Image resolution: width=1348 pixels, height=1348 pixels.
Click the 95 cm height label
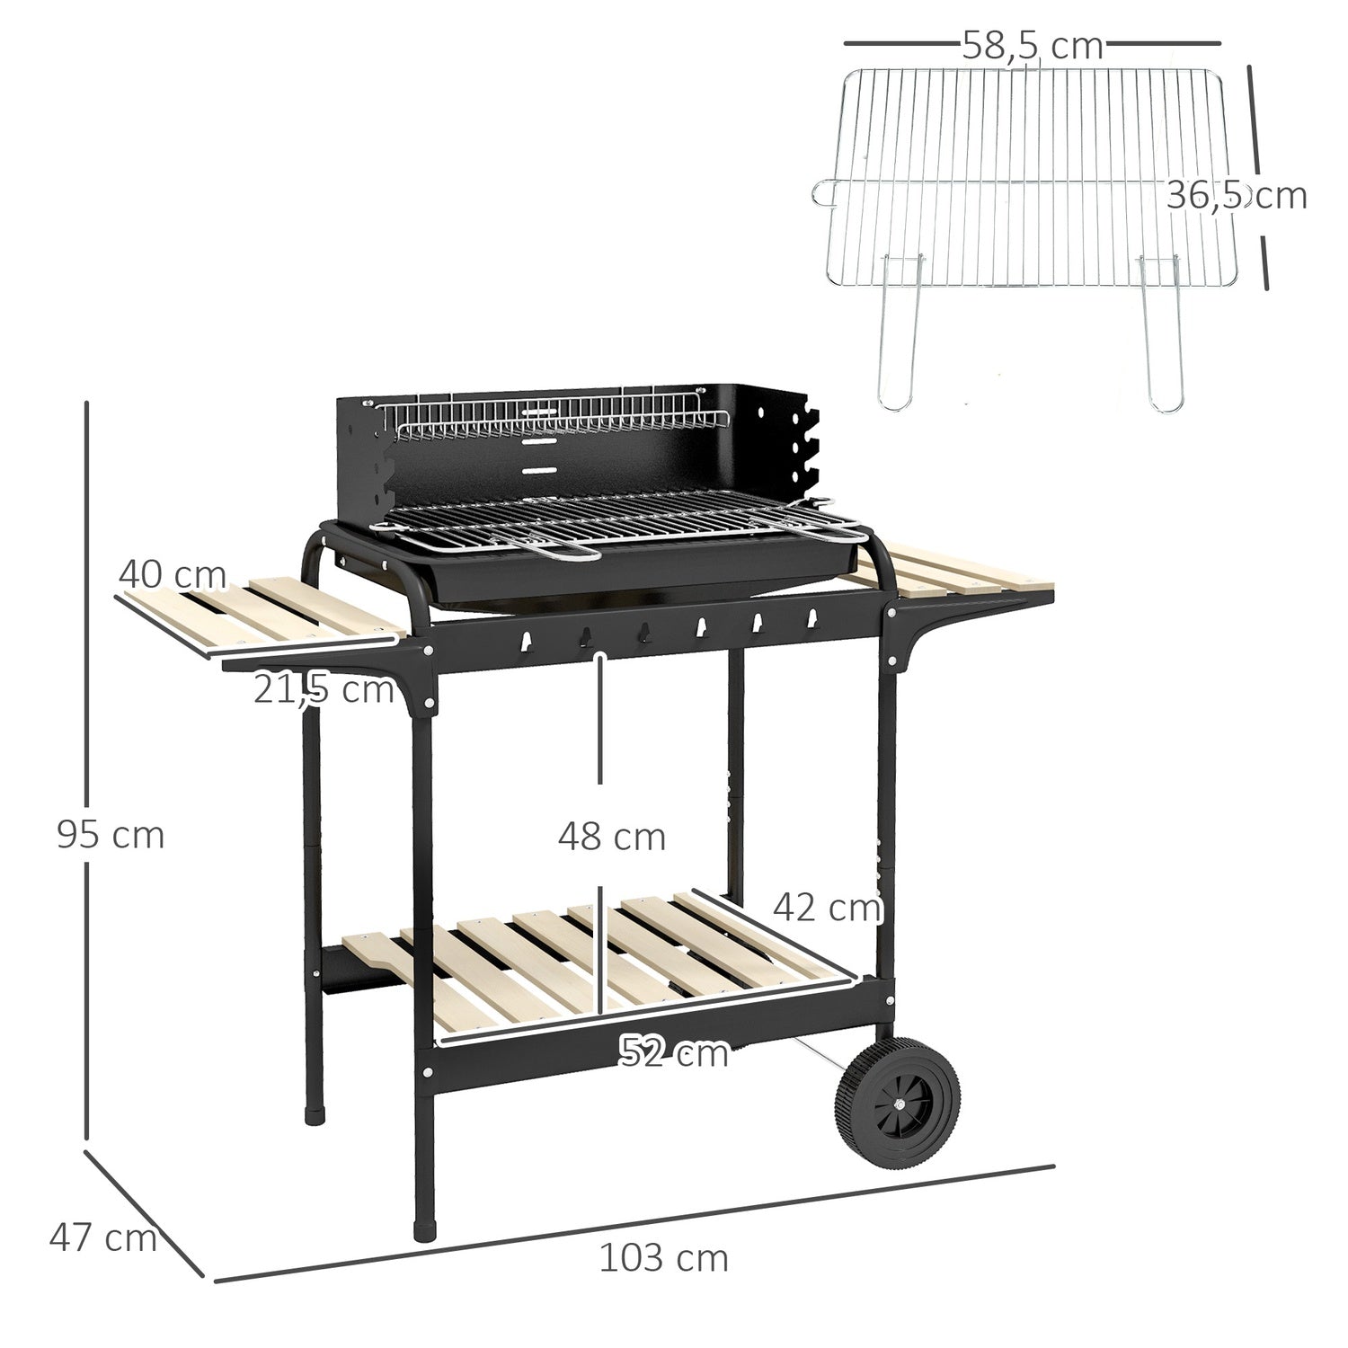(111, 835)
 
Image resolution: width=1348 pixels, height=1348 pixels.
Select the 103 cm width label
(663, 1258)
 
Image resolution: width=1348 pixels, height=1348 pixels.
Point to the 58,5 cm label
(1032, 46)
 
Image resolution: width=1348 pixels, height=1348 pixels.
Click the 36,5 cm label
(1236, 195)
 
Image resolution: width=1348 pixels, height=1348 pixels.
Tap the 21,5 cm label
(324, 690)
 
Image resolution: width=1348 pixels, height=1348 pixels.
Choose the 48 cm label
(611, 837)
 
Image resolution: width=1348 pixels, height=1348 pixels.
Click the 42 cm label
(827, 908)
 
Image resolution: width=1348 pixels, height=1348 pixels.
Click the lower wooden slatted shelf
(611, 962)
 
